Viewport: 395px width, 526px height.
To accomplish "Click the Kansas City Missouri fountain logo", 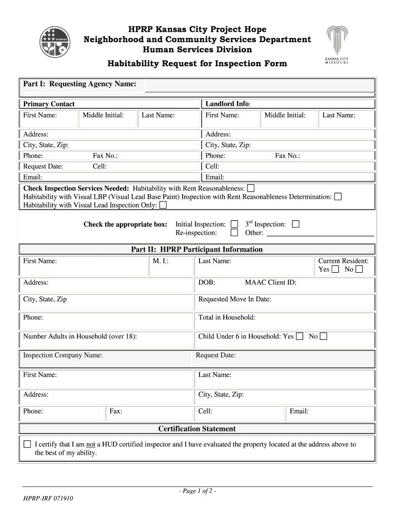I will [x=337, y=44].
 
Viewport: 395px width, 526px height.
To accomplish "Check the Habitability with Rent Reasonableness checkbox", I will [x=250, y=188].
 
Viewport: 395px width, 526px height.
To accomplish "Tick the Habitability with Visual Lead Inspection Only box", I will [x=163, y=205].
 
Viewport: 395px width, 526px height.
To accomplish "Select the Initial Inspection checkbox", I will [x=234, y=224].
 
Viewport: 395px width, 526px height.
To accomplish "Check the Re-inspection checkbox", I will [x=234, y=233].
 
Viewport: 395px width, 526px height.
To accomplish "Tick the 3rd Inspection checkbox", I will [x=295, y=224].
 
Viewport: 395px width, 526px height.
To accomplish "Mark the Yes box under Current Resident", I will [x=335, y=269].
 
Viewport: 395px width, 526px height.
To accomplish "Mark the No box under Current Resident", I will [x=359, y=269].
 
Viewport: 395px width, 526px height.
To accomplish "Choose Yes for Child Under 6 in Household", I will [x=300, y=336].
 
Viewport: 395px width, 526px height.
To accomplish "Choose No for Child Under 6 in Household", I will [x=323, y=336].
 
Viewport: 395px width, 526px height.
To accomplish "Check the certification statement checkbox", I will [x=27, y=444].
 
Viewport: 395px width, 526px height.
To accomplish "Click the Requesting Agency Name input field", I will [x=260, y=85].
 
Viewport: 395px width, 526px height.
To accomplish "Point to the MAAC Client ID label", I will [x=270, y=283].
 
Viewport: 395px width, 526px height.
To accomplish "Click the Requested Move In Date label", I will [x=234, y=299].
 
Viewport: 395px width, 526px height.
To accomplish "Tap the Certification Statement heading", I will [x=197, y=429].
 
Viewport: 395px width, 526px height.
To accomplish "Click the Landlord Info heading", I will [x=228, y=104].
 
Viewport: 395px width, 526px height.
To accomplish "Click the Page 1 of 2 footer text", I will [x=197, y=491].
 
